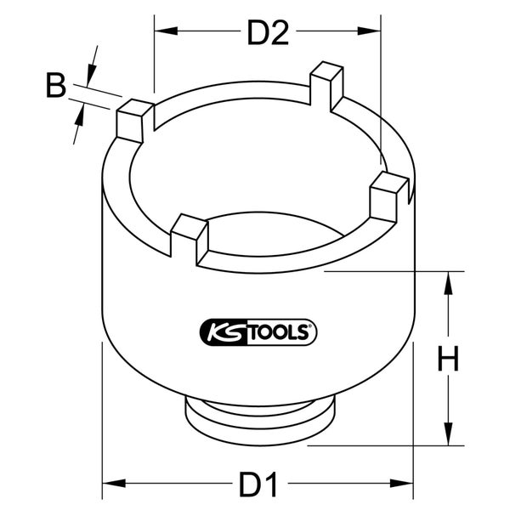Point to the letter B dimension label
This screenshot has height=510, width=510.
coord(55,85)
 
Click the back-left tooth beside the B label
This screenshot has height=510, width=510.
coord(133,120)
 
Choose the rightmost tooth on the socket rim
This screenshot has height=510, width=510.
coord(389,192)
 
